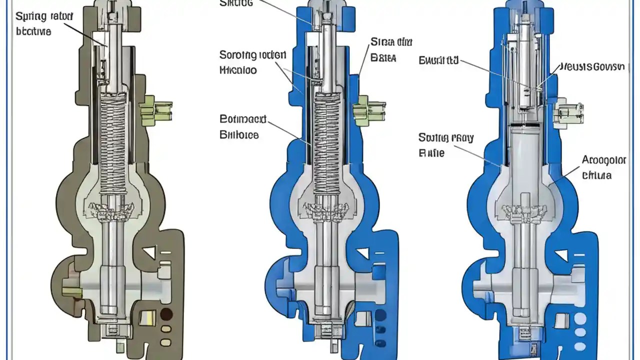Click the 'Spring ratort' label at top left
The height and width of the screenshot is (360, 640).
44,16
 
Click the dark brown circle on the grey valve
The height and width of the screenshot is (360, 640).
166,314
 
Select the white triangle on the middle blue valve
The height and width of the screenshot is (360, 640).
362,253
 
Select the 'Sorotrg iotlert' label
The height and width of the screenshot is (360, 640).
252,54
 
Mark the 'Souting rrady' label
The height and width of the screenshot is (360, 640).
438,137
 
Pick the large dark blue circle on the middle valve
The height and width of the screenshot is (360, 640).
380,315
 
